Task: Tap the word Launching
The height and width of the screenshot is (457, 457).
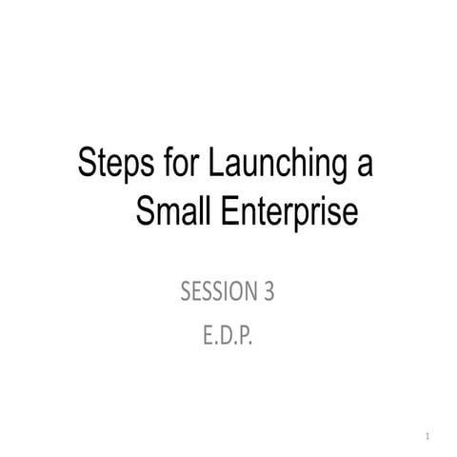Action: coord(273,167)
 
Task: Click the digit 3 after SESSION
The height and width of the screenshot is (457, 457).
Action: coord(268,292)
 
